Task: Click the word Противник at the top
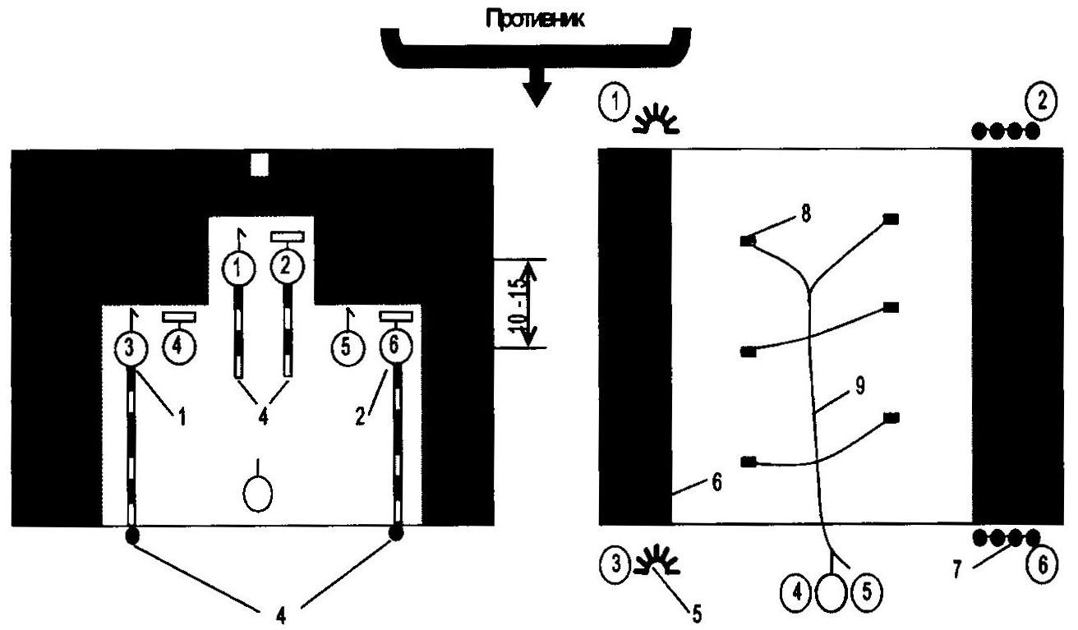[535, 19]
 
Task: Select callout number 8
[806, 214]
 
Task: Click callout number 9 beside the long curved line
[859, 386]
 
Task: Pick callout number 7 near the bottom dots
[957, 570]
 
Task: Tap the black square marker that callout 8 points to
[748, 241]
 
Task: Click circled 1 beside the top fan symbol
[614, 103]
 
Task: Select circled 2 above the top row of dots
[1042, 102]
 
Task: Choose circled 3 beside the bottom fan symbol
[615, 563]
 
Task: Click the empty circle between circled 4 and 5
[832, 592]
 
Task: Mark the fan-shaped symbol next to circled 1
[656, 119]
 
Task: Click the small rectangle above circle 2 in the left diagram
[288, 236]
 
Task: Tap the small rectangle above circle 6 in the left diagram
[396, 316]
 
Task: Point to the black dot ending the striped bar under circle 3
[132, 536]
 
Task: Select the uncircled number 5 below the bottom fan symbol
[697, 614]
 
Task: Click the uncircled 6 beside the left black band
[717, 482]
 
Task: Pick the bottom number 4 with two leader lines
[281, 615]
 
